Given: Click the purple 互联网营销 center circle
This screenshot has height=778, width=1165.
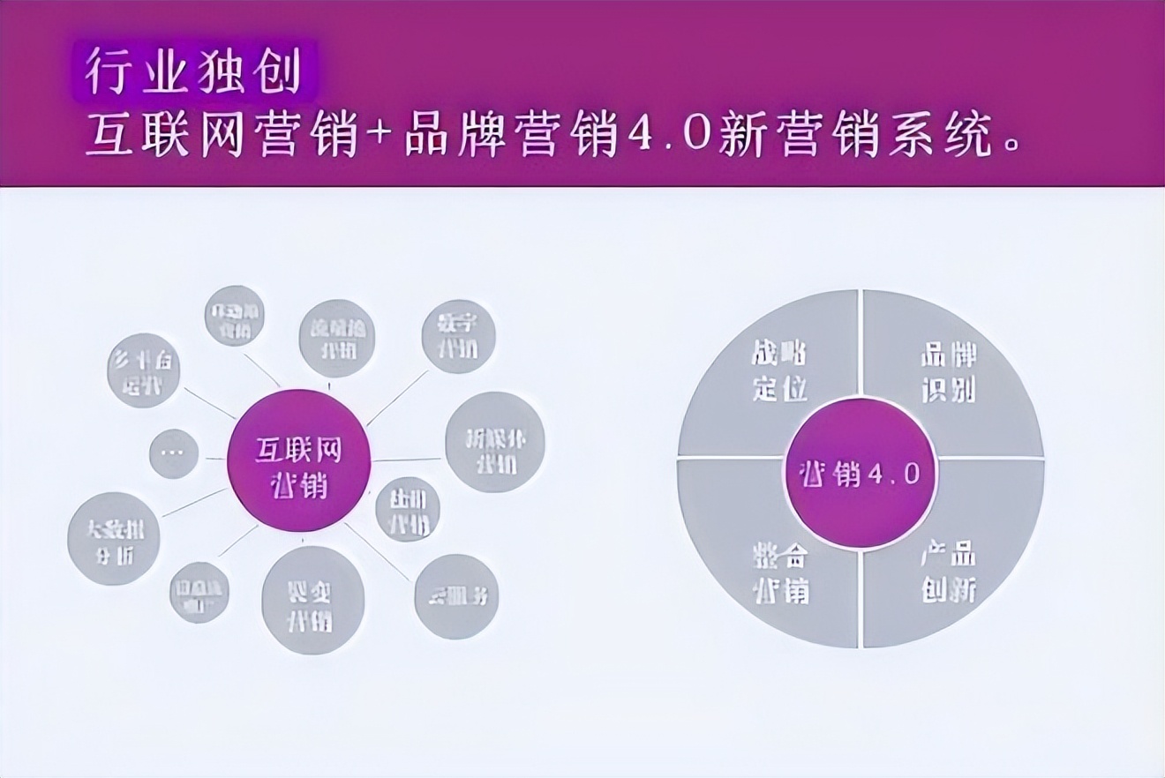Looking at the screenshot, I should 298,460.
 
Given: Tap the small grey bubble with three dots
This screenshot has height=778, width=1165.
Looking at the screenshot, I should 173,453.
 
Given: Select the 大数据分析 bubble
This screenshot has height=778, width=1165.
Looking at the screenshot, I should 114,539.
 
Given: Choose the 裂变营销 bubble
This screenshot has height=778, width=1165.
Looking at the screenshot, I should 313,600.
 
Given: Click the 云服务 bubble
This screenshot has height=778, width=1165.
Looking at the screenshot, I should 456,596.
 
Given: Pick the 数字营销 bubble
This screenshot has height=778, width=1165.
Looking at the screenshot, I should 458,336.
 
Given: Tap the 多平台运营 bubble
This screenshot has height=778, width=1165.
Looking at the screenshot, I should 144,370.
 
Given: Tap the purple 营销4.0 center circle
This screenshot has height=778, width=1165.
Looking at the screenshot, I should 861,474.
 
